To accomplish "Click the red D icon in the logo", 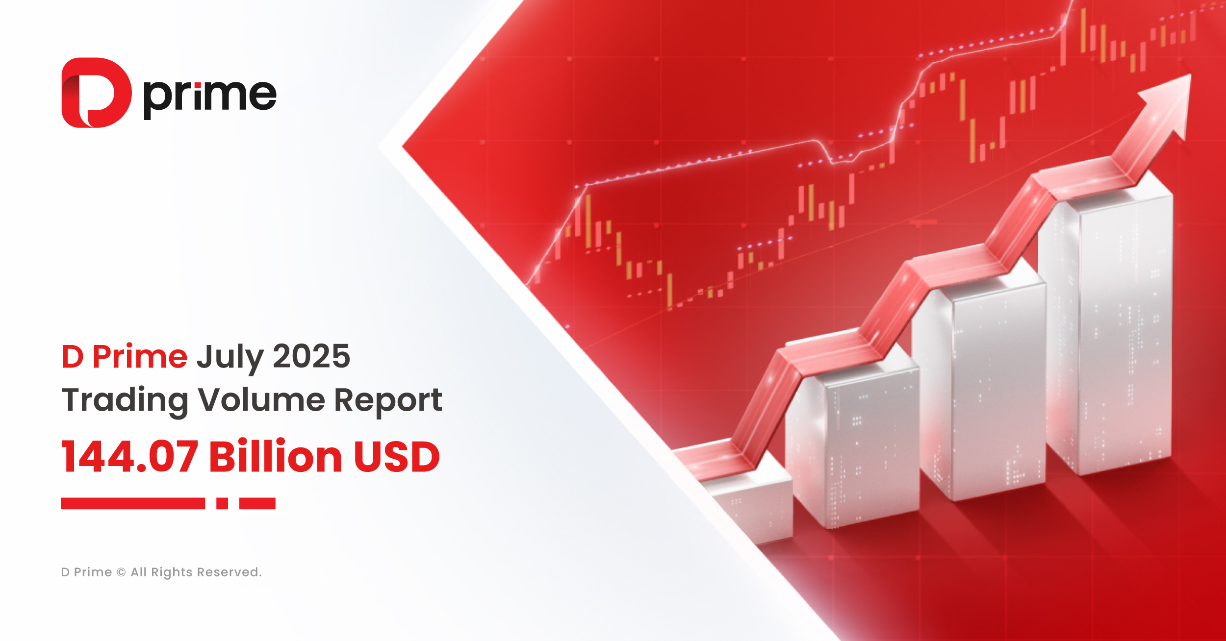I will click(x=96, y=93).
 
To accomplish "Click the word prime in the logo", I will click(x=210, y=96).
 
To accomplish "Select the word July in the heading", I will click(x=230, y=357).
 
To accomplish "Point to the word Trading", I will click(x=125, y=400).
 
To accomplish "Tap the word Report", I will click(x=388, y=400).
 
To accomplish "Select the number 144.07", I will click(x=130, y=457).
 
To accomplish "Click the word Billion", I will click(x=275, y=457).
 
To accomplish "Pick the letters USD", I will click(x=397, y=457).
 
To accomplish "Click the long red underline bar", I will click(x=132, y=503).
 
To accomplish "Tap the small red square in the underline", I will click(x=222, y=503).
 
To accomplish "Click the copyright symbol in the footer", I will click(x=121, y=572).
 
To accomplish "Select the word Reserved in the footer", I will click(x=229, y=572).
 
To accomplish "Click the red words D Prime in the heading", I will click(x=124, y=356).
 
